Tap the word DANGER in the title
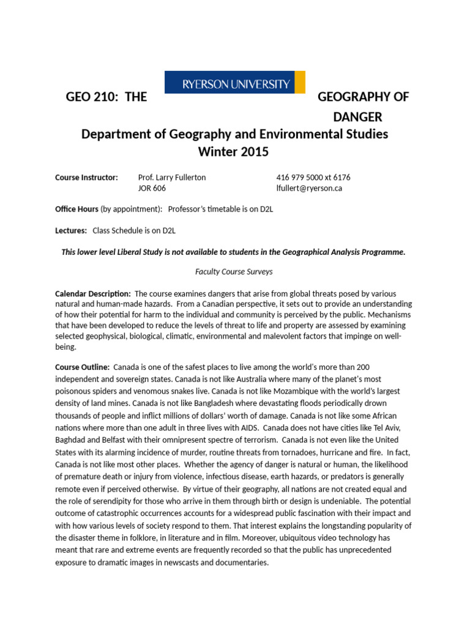pos(357,116)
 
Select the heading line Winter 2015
pos(234,152)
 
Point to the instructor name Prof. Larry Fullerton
pos(172,177)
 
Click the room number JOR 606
pos(152,188)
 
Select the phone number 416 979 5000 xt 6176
pos(313,177)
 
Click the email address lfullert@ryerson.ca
pos(309,188)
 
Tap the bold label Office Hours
pos(76,209)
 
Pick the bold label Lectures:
pos(71,230)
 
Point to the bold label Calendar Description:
pos(93,293)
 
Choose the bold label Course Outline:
pos(83,367)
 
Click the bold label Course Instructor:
pos(86,177)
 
